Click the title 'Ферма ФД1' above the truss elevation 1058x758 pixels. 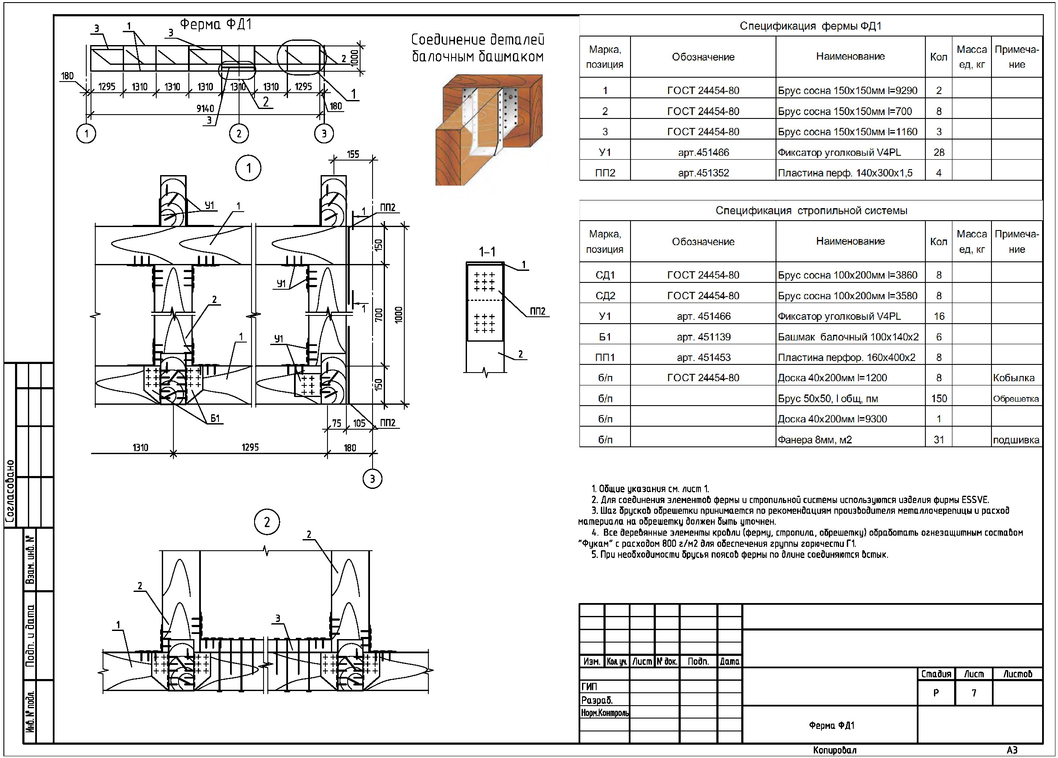pos(215,24)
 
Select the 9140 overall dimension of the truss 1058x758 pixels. pos(205,108)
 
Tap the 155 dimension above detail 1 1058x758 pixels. pos(353,155)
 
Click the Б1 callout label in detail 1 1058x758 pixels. pos(215,418)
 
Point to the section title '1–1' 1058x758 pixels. pos(487,252)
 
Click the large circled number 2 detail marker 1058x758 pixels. pos(267,522)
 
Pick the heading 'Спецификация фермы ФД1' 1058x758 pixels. pos(810,26)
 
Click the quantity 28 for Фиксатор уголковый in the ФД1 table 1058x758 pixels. pos(939,152)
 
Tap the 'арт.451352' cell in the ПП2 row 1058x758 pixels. pos(703,173)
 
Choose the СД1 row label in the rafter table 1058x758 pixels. pos(605,275)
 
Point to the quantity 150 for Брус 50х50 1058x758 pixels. pos(939,398)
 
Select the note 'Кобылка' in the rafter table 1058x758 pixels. pos(1013,378)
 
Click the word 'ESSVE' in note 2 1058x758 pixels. pos(974,500)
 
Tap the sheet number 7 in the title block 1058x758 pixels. pos(973,693)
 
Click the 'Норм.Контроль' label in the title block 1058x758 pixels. pos(605,713)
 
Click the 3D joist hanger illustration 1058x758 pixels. pos(488,129)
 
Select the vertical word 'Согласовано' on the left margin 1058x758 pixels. pos(10,490)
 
